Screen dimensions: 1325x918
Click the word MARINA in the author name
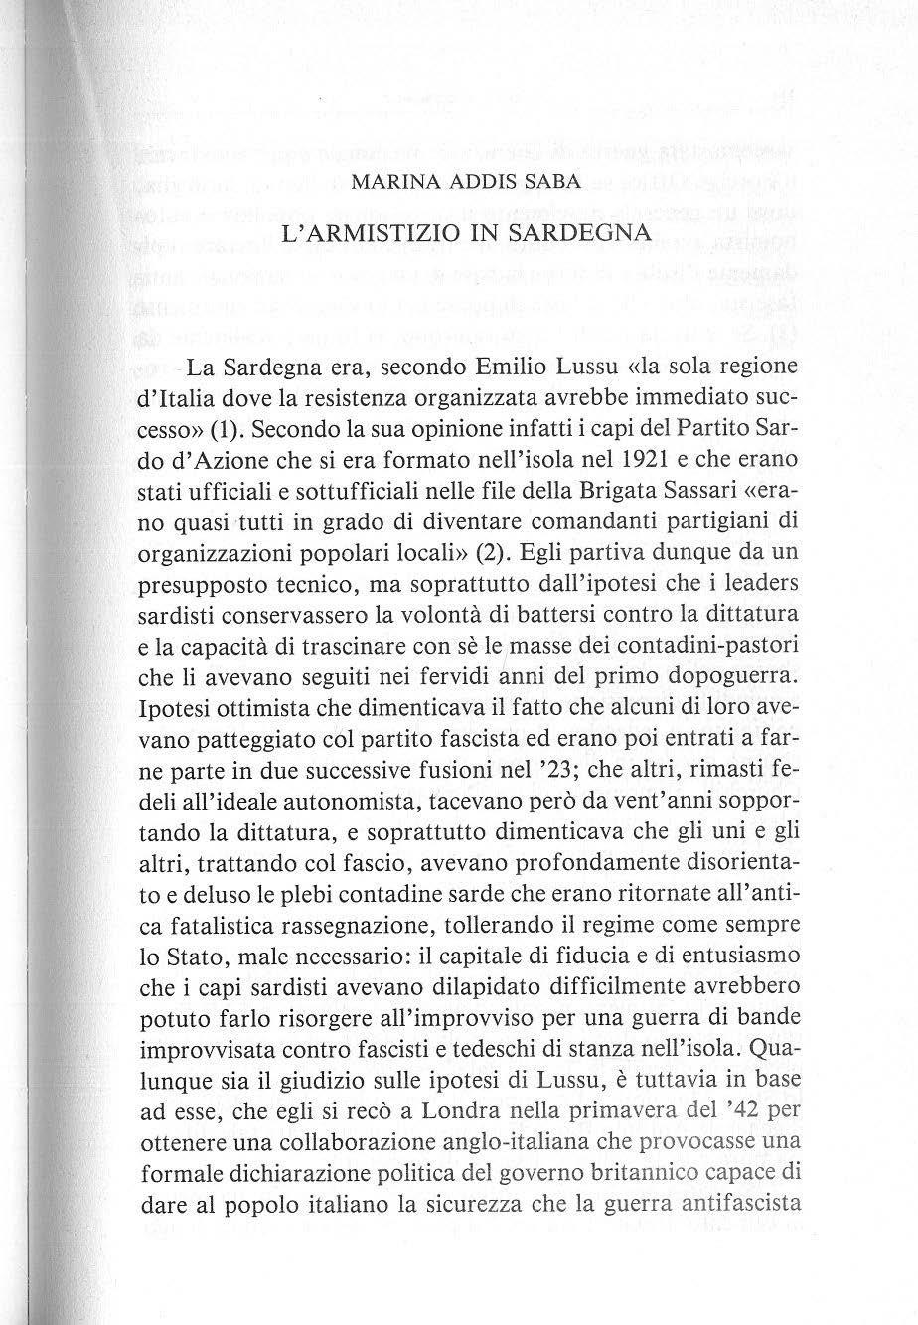pyautogui.click(x=381, y=185)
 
